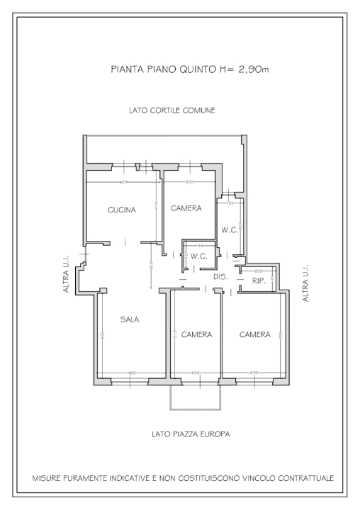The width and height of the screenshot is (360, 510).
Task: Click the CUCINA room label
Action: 122,210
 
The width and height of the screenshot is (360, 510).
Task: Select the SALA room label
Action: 129,319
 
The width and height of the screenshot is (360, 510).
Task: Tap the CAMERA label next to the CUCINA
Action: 186,208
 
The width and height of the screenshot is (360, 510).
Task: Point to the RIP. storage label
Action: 259,280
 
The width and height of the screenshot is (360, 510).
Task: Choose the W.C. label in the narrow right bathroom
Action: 228,229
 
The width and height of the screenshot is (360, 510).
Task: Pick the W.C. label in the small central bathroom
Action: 198,256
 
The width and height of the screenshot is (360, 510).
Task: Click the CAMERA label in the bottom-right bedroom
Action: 254,334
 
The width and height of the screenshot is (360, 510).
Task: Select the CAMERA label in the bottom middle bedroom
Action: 196,334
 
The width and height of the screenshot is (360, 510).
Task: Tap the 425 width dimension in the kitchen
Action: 124,183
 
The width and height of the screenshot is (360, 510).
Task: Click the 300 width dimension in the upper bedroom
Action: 189,183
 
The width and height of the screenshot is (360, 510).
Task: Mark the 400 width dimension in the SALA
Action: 132,373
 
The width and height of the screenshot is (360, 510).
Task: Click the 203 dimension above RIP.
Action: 258,271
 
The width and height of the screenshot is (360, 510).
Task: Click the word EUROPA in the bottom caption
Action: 213,433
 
